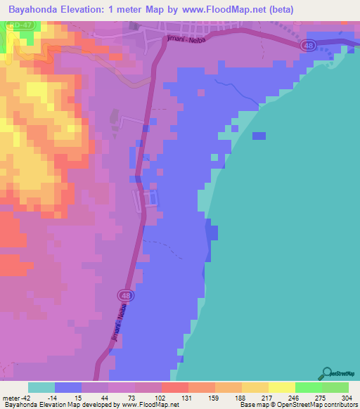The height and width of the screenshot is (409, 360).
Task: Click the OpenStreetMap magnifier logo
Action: [326, 373]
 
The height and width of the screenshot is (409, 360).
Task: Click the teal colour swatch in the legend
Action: [41, 387]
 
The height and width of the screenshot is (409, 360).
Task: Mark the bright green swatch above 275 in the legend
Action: [309, 387]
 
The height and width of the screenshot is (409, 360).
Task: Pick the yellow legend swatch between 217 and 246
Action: [282, 387]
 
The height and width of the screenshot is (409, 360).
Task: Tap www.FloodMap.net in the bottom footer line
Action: [150, 405]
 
